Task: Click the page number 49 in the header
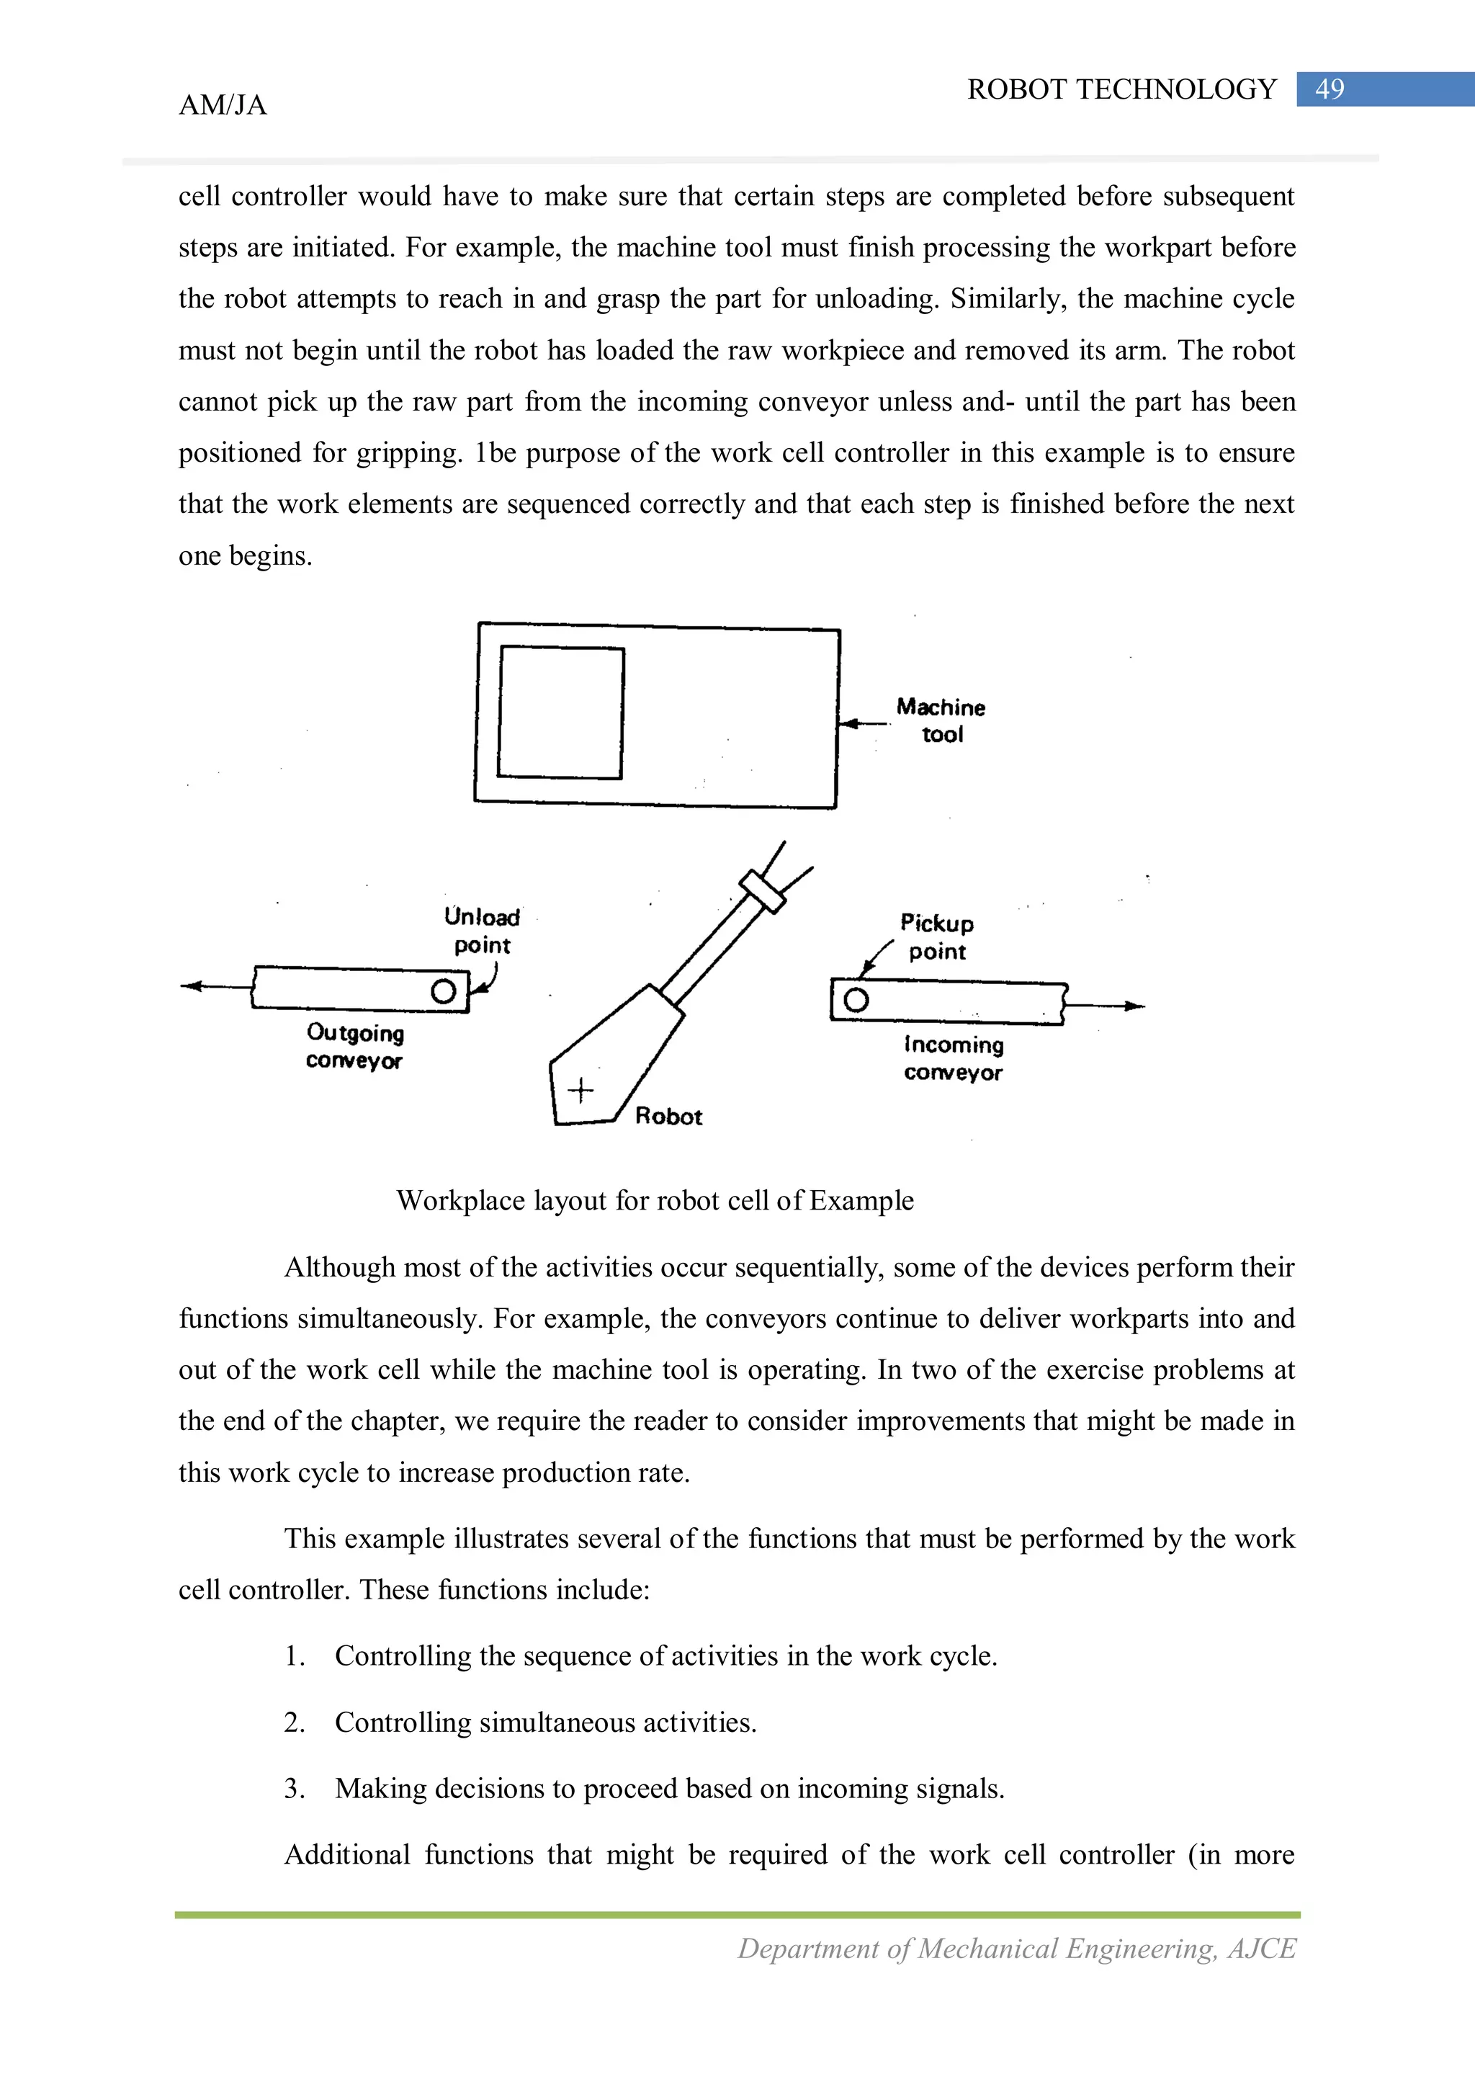point(1329,89)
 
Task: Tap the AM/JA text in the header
point(223,105)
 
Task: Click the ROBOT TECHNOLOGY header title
point(1121,89)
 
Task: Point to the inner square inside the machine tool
point(561,712)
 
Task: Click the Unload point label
point(482,930)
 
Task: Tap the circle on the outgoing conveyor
point(444,991)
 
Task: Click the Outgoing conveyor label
point(354,1046)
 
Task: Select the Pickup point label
point(937,937)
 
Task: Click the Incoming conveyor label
point(954,1058)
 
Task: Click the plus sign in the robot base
point(580,1089)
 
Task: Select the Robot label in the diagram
point(668,1116)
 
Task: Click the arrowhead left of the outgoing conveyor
point(192,986)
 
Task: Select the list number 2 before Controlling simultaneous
point(294,1722)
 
